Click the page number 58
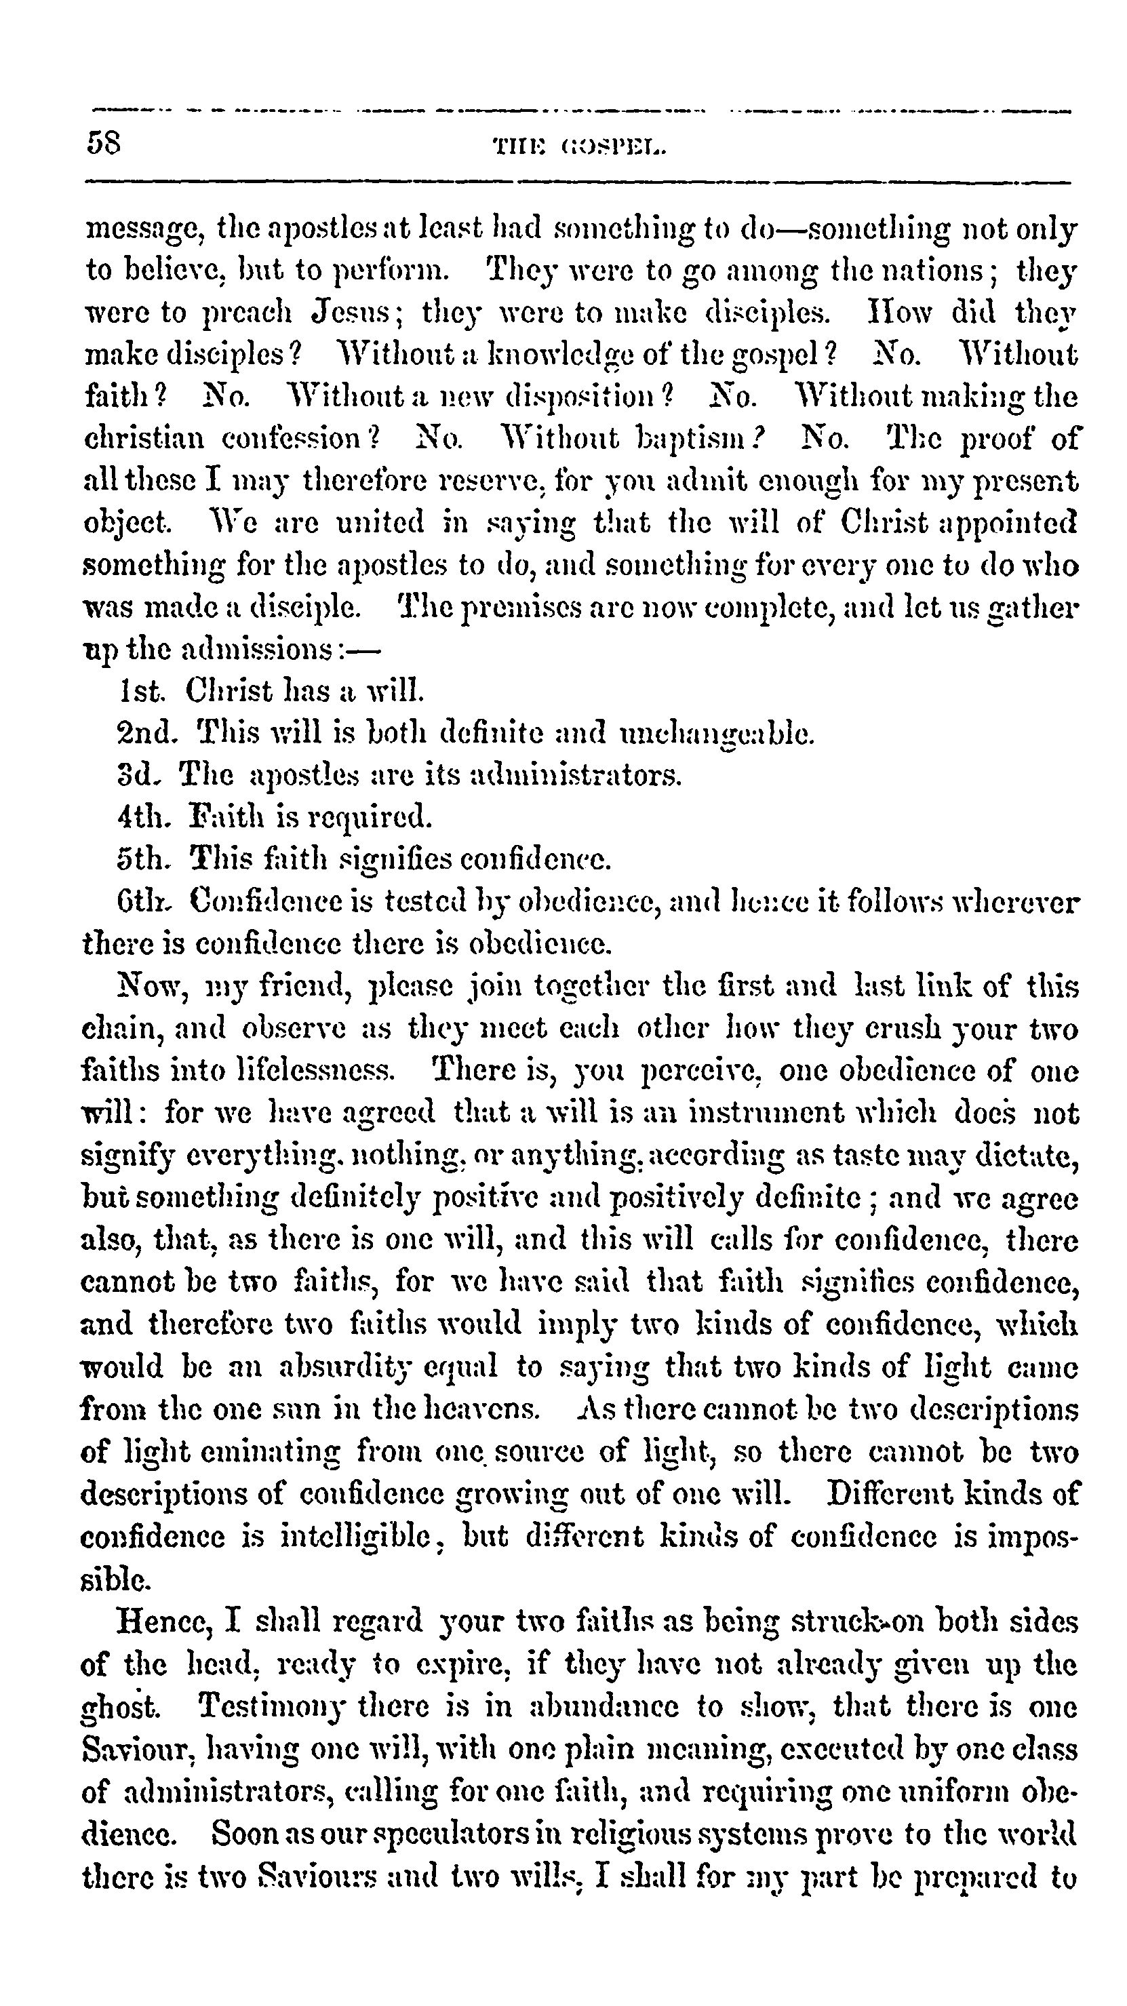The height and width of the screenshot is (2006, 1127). pos(104,143)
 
